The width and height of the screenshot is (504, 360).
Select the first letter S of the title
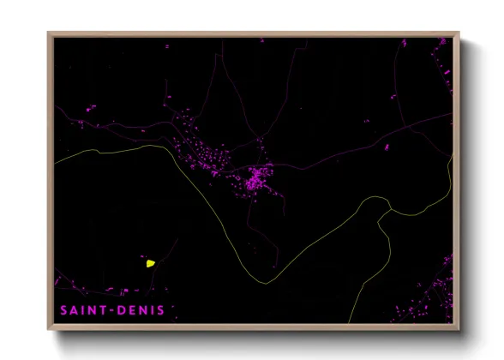click(x=63, y=309)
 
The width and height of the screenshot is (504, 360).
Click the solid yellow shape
click(x=151, y=263)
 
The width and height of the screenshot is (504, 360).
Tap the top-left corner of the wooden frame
click(x=48, y=33)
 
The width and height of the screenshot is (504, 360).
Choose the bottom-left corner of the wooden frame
click(x=48, y=330)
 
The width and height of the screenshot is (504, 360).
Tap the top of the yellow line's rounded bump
click(x=377, y=198)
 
